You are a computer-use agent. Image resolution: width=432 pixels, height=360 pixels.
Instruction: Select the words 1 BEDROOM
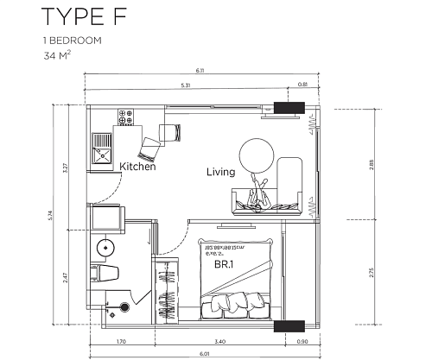66,41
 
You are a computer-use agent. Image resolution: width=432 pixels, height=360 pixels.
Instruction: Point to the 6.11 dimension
199,72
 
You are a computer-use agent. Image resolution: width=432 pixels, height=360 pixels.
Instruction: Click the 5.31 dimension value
184,85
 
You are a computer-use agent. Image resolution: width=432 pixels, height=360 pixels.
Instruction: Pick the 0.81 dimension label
302,85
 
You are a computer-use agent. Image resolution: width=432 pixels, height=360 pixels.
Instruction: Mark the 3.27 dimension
66,168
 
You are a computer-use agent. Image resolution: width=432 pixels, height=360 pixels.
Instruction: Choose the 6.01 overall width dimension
200,353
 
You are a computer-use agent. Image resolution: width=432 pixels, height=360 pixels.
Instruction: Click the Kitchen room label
137,167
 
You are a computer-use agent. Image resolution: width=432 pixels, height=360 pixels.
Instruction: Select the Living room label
221,172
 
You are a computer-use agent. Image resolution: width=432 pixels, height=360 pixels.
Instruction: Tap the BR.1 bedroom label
227,265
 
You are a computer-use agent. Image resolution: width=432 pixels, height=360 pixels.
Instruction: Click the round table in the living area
256,155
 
